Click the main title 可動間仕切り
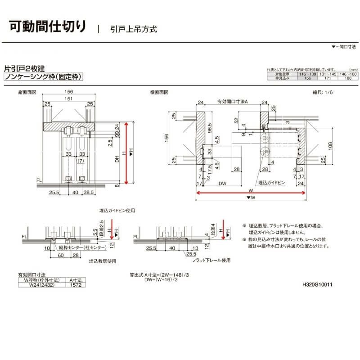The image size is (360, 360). click(47, 26)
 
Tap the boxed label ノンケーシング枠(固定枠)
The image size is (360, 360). click(42, 77)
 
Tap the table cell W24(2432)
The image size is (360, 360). click(40, 284)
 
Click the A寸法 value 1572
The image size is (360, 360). click(74, 284)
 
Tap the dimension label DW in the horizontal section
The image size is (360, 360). click(221, 183)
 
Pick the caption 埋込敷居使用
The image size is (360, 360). click(103, 261)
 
